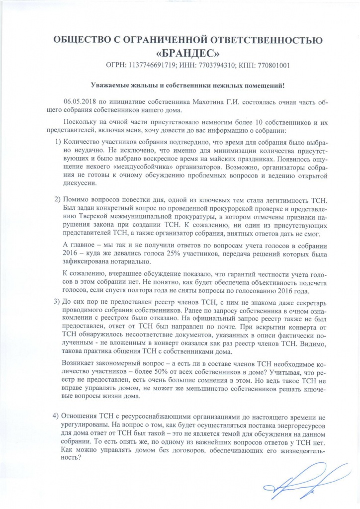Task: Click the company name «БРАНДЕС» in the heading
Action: click(x=180, y=52)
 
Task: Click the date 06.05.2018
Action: click(x=80, y=101)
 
